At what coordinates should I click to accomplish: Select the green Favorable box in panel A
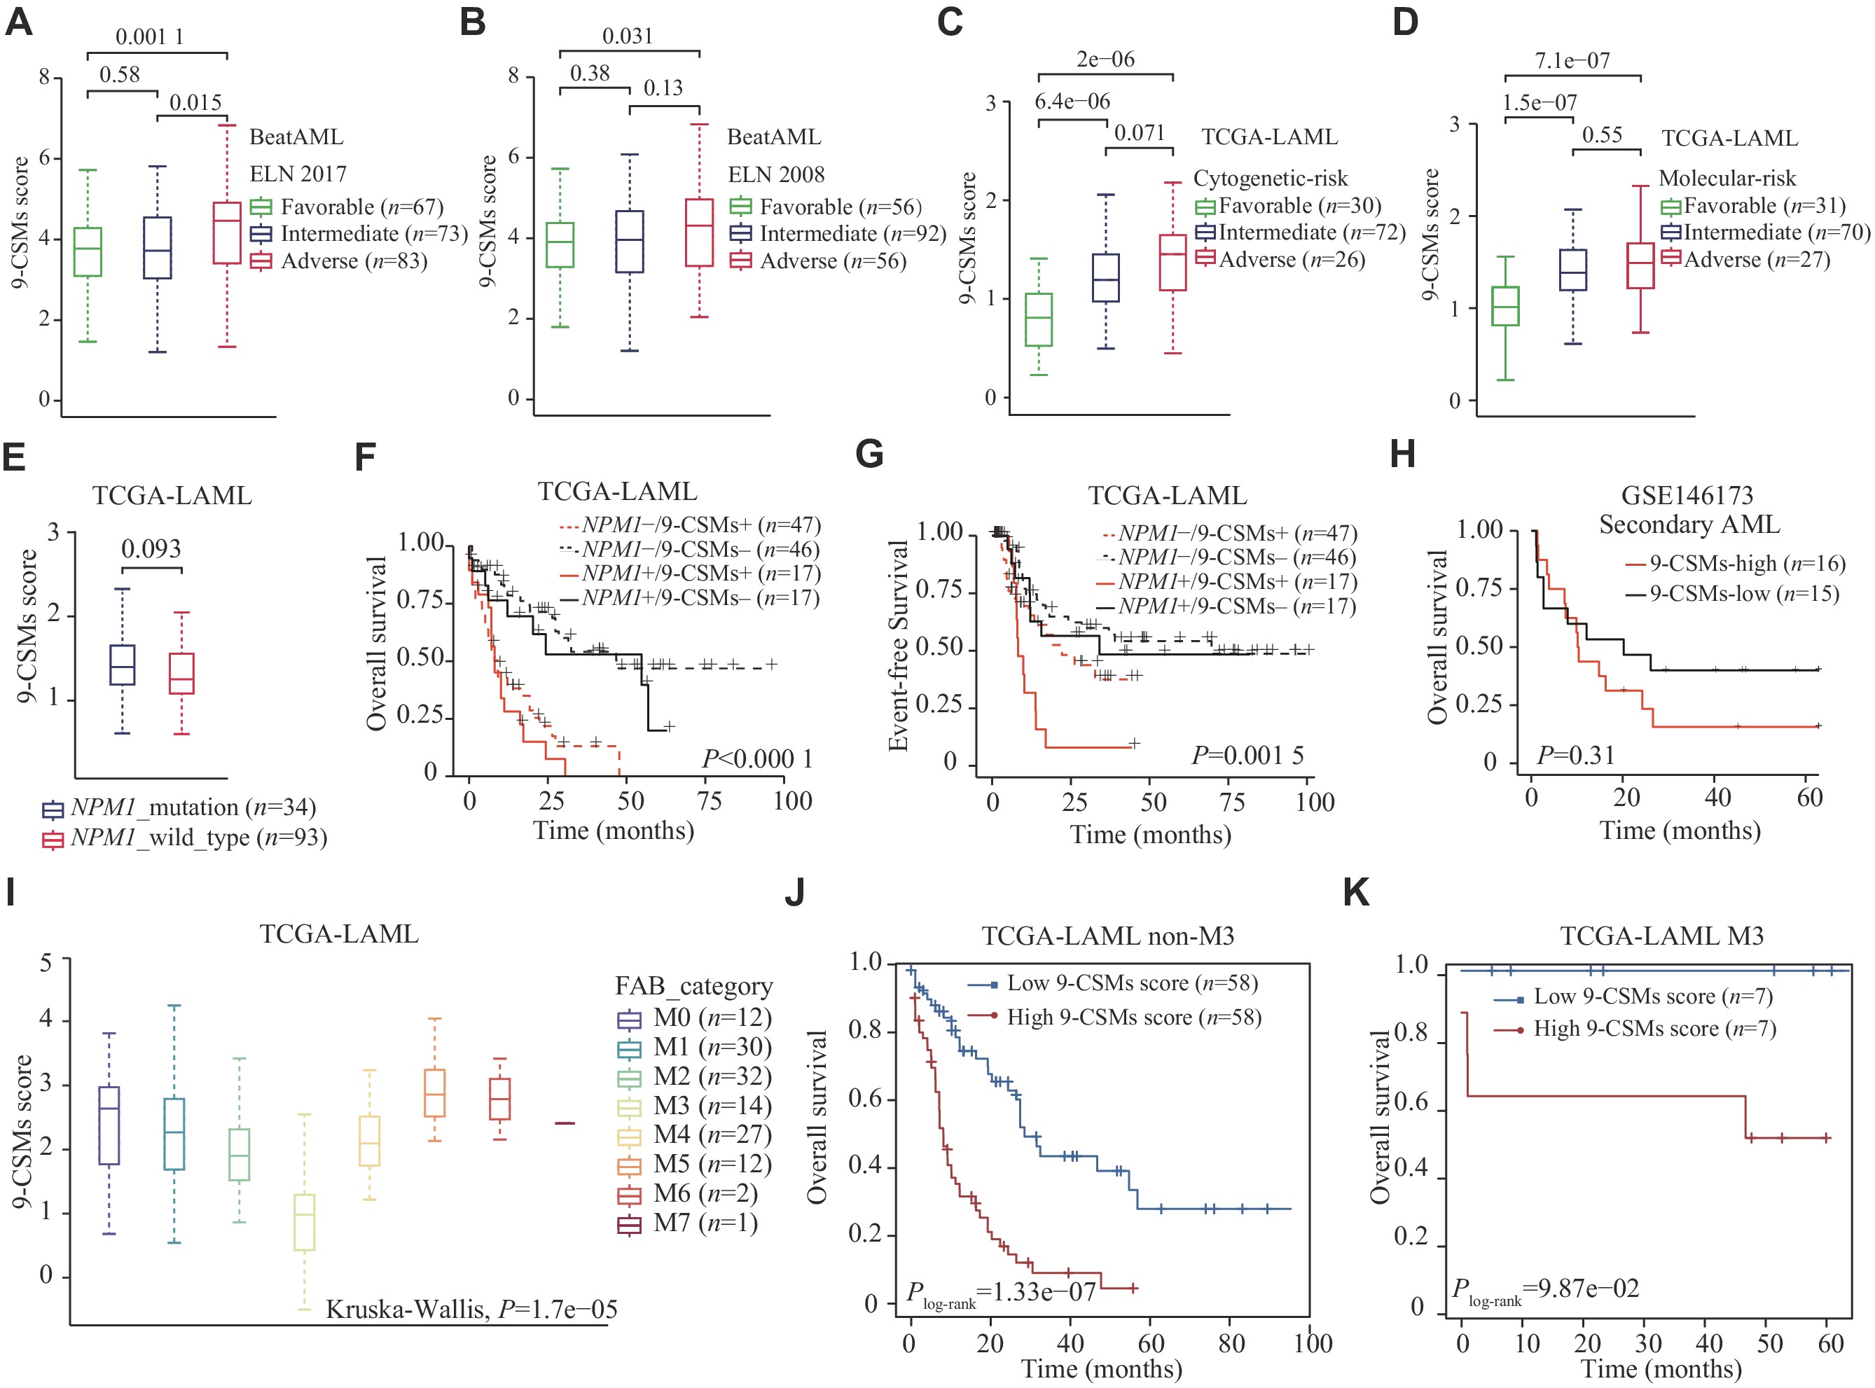(88, 251)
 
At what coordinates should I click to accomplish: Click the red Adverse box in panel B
(699, 233)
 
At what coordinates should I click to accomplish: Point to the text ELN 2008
(776, 175)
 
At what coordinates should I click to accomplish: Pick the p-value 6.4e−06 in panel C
(1072, 102)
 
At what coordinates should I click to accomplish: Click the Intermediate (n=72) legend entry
(1301, 233)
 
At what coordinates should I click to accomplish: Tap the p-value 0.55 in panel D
(1602, 135)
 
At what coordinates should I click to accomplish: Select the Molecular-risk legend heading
(1727, 178)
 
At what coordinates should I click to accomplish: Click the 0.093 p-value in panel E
(151, 550)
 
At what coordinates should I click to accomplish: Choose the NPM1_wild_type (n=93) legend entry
(185, 838)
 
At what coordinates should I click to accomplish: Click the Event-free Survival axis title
(899, 645)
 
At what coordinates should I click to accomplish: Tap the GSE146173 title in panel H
(1687, 496)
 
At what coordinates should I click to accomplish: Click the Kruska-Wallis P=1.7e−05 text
(471, 1310)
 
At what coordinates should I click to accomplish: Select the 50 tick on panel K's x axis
(1769, 1342)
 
